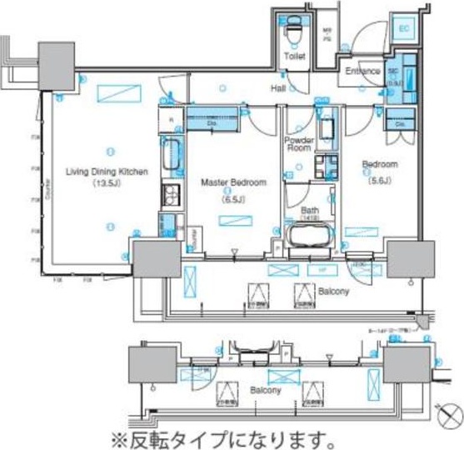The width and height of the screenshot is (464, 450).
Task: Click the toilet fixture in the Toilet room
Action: coord(293,30)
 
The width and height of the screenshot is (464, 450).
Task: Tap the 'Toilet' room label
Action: coord(294,57)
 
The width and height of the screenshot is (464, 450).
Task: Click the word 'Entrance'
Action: coord(363,71)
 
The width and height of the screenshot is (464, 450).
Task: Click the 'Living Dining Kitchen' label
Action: coord(107,172)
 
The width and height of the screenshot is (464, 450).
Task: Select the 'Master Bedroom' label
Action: coord(232,181)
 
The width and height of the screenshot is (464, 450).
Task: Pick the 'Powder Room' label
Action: coord(299,143)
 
